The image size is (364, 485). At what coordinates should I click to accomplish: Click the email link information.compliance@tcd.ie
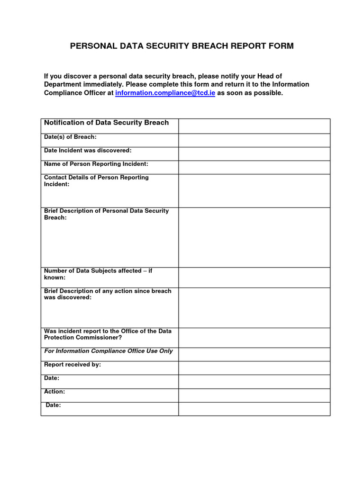pos(165,93)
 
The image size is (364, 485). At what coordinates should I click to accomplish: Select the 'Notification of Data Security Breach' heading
pos(106,123)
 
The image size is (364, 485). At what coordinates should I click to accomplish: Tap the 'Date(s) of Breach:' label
pos(70,137)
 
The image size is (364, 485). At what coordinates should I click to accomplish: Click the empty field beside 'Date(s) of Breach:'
pos(254,140)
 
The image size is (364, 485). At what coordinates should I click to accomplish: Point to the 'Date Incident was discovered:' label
pos(88,150)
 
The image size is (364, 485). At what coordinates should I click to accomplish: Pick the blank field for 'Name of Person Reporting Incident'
pos(254,167)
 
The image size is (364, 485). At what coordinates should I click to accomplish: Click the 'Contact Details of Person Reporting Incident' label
pos(96,180)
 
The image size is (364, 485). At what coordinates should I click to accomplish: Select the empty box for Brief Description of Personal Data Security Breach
pos(254,237)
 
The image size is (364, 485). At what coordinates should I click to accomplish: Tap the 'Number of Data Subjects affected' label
pos(98,274)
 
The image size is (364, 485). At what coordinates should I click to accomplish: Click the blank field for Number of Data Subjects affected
pos(254,277)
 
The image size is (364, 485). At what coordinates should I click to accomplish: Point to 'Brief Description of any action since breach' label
pos(108,294)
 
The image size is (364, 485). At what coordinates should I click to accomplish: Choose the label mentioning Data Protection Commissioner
pos(108,334)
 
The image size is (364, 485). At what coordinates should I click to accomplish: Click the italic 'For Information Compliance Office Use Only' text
pos(108,351)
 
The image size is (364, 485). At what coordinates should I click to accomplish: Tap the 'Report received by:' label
pos(73,365)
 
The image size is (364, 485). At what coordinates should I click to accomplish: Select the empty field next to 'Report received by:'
pos(254,368)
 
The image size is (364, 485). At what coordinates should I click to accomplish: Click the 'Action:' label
pos(55,392)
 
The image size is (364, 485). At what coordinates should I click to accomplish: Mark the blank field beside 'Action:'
pos(254,395)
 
